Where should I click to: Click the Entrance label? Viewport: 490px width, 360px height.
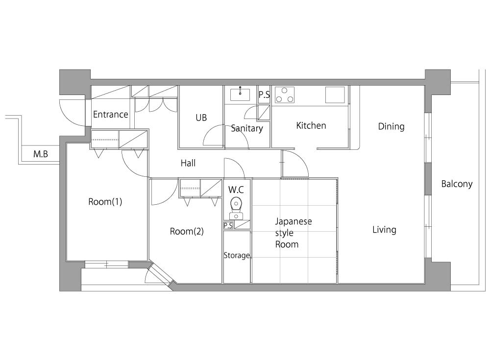(x=111, y=115)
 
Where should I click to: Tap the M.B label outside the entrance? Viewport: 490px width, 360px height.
(x=41, y=154)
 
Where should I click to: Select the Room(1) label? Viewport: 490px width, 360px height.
(x=105, y=202)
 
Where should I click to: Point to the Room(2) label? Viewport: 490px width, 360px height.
(x=187, y=231)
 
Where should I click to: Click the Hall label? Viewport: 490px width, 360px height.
(x=188, y=163)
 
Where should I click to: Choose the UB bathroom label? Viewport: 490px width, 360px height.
(x=201, y=118)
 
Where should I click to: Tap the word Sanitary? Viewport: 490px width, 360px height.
(x=247, y=128)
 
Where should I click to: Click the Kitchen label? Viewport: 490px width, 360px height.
(x=311, y=125)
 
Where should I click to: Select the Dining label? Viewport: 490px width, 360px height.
(x=391, y=126)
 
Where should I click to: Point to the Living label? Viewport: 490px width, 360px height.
(x=384, y=230)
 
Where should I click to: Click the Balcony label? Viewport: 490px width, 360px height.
(x=457, y=184)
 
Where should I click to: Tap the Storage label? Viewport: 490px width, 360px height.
(x=237, y=255)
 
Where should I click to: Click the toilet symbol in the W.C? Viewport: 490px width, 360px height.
(x=236, y=208)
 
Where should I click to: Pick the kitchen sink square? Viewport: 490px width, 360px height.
(x=335, y=95)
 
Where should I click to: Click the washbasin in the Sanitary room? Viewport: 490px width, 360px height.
(x=240, y=95)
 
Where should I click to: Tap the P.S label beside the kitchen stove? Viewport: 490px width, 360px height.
(x=264, y=95)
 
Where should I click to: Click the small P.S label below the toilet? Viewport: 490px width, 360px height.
(x=228, y=226)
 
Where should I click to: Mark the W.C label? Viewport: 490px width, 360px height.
(x=236, y=190)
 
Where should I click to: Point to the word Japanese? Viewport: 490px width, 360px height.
(x=294, y=221)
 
